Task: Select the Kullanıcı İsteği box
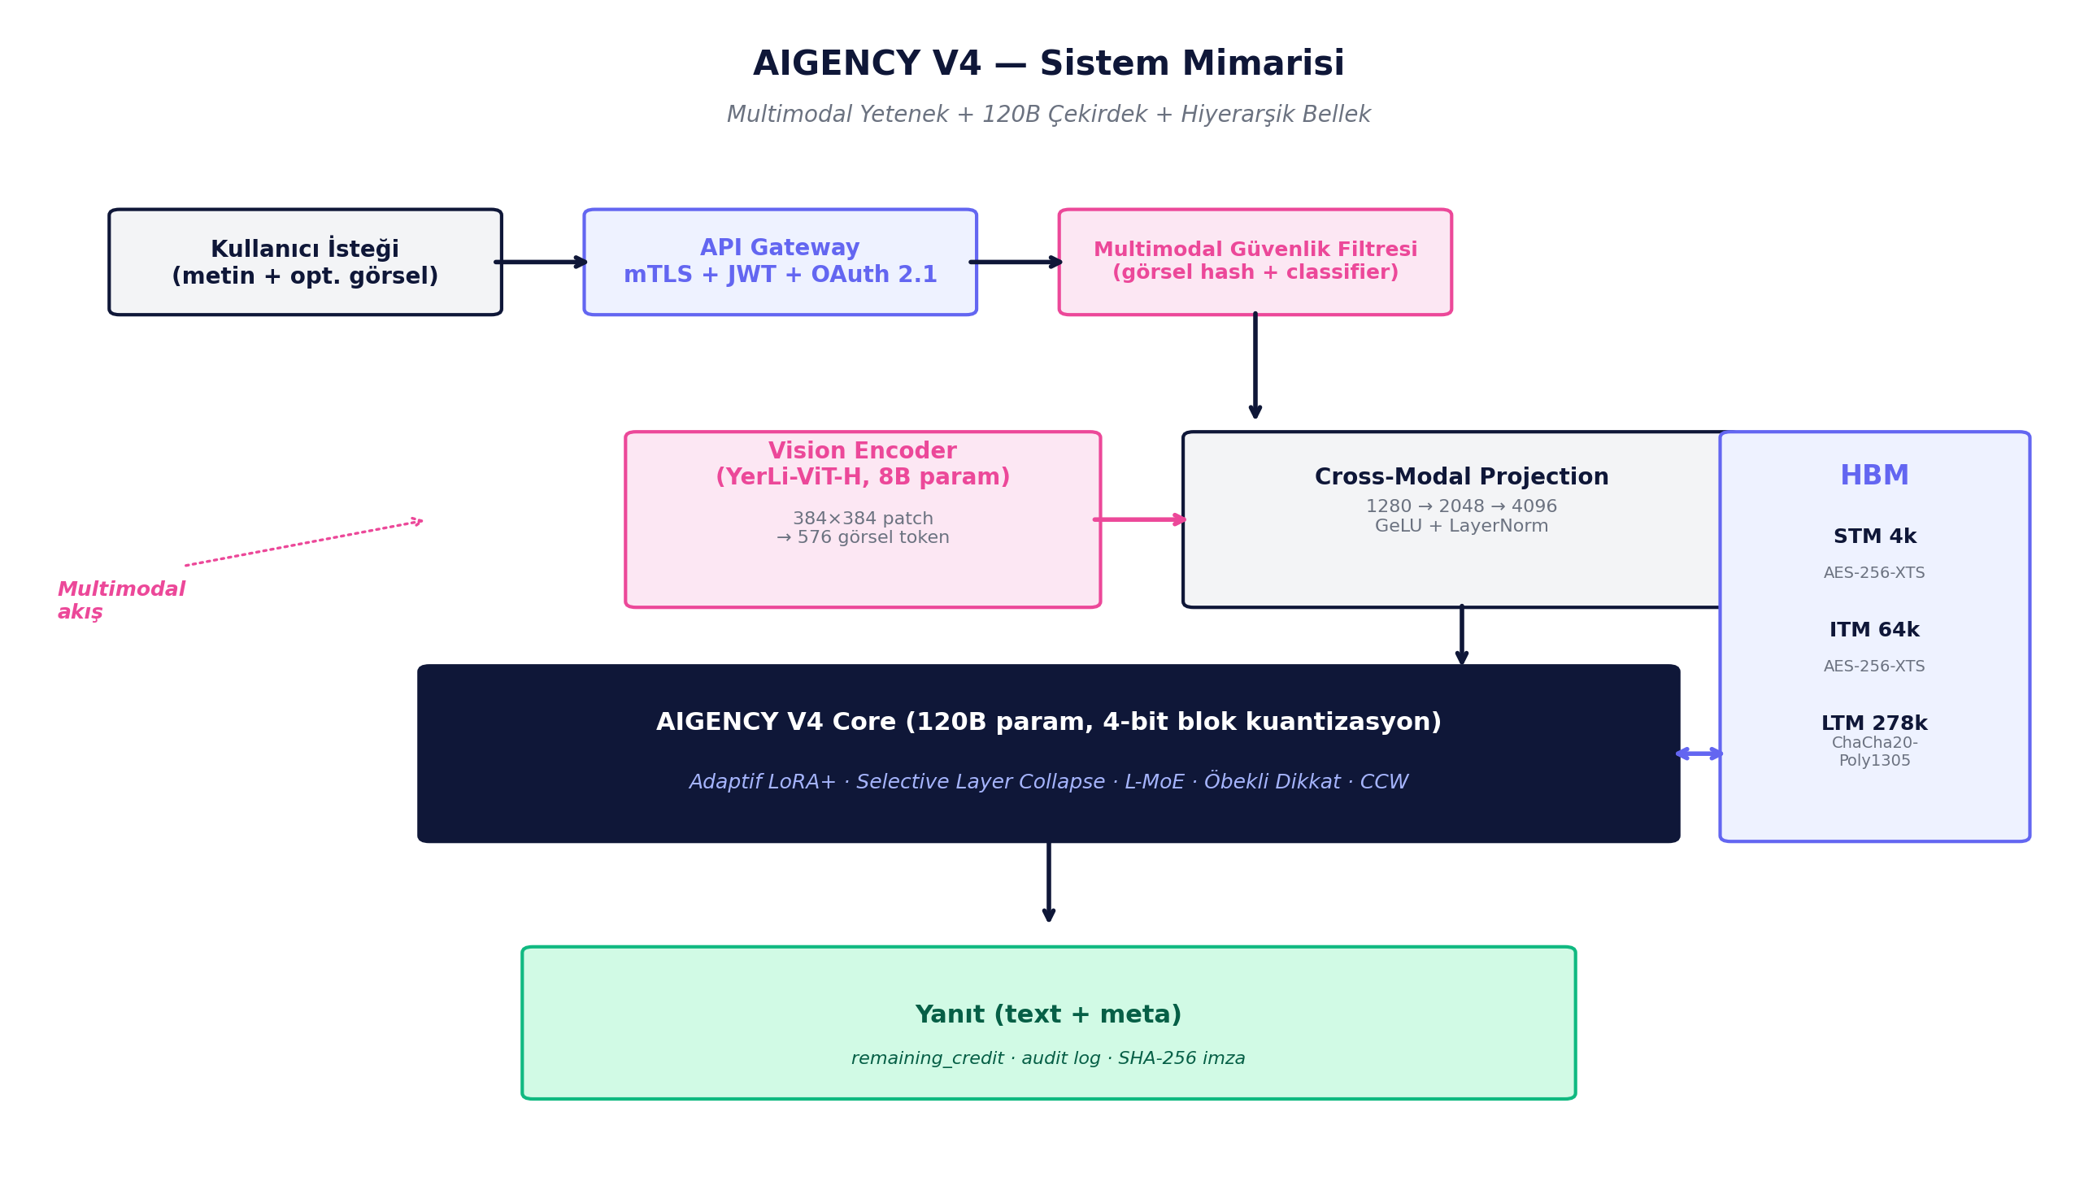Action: [x=305, y=262]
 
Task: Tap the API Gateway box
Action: [x=779, y=262]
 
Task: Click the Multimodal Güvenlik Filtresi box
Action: [x=1255, y=262]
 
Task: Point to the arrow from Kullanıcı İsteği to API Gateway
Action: [x=542, y=262]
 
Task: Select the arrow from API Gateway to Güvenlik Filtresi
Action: [x=1016, y=262]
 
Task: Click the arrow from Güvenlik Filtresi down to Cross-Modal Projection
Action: [x=1255, y=365]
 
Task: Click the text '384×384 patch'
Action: [x=862, y=519]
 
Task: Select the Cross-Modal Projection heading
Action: [x=1461, y=478]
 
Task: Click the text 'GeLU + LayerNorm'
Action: [x=1461, y=527]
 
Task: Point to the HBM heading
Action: [x=1874, y=476]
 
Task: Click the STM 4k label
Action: [x=1874, y=537]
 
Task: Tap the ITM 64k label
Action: [x=1874, y=631]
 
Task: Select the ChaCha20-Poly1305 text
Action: [x=1874, y=752]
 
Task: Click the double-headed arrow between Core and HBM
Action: [x=1699, y=754]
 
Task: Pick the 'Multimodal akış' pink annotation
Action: [x=120, y=601]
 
